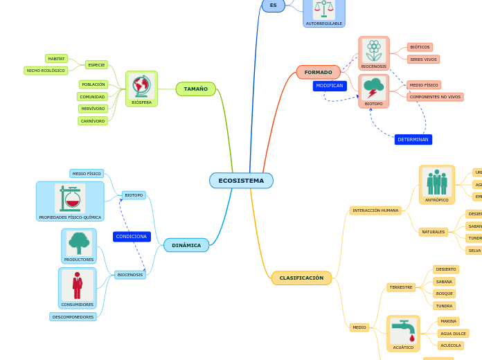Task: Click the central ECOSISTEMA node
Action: click(x=241, y=181)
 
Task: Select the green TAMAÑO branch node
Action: click(x=195, y=89)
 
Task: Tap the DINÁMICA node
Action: click(x=186, y=245)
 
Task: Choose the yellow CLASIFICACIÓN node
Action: click(x=301, y=278)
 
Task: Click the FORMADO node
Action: click(x=318, y=72)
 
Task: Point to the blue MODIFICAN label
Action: click(x=330, y=86)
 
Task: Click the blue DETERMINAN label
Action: click(x=413, y=139)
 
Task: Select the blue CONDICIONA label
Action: click(x=132, y=236)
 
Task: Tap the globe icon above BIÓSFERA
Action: click(x=141, y=85)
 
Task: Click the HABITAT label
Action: click(x=56, y=59)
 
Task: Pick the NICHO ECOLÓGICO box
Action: click(x=46, y=71)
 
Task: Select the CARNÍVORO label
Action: click(x=93, y=121)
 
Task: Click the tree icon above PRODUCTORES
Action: click(x=79, y=242)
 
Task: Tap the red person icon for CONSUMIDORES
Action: click(x=77, y=285)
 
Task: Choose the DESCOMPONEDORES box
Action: click(x=73, y=317)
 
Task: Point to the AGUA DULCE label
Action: click(x=452, y=334)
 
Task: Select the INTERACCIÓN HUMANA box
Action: click(x=375, y=210)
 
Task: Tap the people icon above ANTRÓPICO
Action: click(x=436, y=181)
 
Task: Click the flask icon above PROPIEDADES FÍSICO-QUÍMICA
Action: click(x=70, y=198)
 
